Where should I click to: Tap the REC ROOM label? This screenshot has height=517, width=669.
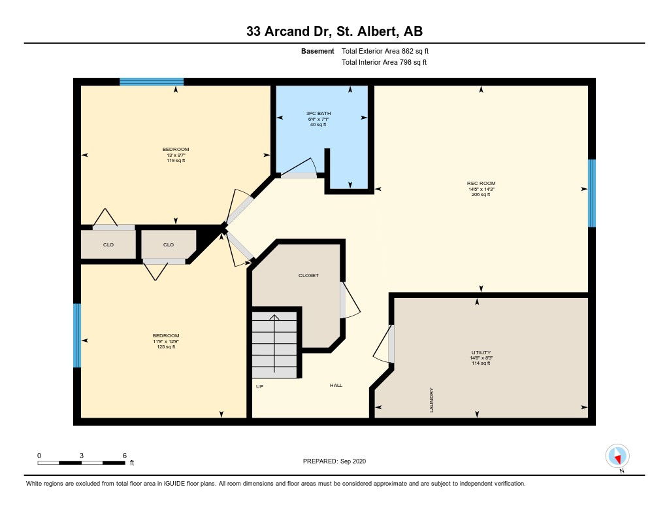(481, 183)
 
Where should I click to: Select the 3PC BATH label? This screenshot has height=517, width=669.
(318, 113)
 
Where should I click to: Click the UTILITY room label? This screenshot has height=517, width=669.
(481, 353)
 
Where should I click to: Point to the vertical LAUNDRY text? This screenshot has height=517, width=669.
(431, 400)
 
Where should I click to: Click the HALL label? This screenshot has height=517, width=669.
(336, 385)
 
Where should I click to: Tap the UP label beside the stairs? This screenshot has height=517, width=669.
(259, 386)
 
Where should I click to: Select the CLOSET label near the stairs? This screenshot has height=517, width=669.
(308, 275)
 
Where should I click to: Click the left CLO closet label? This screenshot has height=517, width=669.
(108, 244)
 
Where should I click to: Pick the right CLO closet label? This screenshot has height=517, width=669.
(169, 244)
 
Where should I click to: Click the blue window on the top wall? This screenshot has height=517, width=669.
(152, 82)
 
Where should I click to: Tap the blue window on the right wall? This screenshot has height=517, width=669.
(592, 193)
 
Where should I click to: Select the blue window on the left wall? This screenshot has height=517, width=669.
(77, 335)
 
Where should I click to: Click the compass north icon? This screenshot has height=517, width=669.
(617, 456)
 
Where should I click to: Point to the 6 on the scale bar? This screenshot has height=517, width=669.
(125, 456)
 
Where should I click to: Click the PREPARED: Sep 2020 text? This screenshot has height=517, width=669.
(334, 461)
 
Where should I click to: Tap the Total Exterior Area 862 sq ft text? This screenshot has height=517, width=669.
(385, 51)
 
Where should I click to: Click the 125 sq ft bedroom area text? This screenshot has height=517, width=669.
(165, 346)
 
